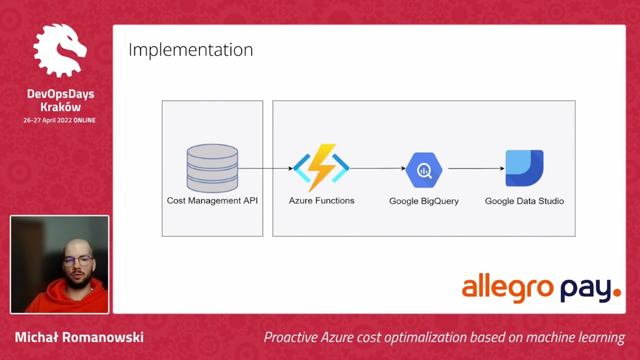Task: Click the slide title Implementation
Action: [190, 50]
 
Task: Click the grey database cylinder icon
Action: [212, 168]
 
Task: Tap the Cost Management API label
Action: [212, 200]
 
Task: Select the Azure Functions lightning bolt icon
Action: [321, 167]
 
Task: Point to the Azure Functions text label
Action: [321, 200]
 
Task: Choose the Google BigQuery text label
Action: [424, 201]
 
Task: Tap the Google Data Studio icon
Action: [524, 168]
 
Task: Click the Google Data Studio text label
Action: [524, 201]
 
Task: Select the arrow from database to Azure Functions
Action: [265, 168]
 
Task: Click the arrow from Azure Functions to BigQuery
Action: [377, 168]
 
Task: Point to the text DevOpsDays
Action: [60, 94]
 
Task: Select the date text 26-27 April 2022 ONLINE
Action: [59, 120]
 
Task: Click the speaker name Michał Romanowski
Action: [79, 337]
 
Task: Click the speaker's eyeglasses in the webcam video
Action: [77, 261]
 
